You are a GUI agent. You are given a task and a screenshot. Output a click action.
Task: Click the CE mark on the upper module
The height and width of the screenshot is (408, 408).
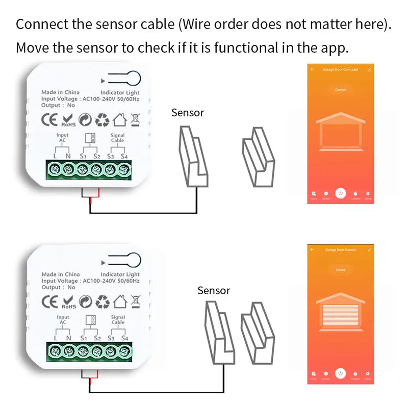pos(50,120)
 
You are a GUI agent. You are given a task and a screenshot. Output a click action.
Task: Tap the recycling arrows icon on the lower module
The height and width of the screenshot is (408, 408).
pos(103,302)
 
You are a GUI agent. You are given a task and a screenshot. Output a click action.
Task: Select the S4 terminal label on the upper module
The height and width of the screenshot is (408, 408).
pos(124,156)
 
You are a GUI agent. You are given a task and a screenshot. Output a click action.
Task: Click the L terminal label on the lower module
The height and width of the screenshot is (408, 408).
pos(55,338)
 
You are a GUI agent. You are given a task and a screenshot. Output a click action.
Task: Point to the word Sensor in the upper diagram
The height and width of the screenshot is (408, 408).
pos(188,113)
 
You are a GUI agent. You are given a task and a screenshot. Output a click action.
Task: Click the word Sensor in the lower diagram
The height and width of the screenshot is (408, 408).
pos(214,291)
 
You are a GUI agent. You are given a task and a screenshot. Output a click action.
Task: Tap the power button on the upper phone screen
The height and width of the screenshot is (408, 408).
pos(341,193)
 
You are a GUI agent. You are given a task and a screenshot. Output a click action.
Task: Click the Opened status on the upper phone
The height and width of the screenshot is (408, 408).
pos(340,90)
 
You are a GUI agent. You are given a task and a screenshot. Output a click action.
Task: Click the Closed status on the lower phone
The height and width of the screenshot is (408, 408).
pos(340,270)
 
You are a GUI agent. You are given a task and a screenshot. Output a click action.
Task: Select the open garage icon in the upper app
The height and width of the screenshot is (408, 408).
pos(340,134)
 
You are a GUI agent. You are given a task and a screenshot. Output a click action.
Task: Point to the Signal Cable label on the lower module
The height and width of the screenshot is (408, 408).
pos(118,320)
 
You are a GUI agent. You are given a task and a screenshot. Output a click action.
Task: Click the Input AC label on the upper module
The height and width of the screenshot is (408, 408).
pos(62,138)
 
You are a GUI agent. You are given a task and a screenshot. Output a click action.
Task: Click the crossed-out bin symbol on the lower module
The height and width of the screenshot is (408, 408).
pos(135,301)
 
